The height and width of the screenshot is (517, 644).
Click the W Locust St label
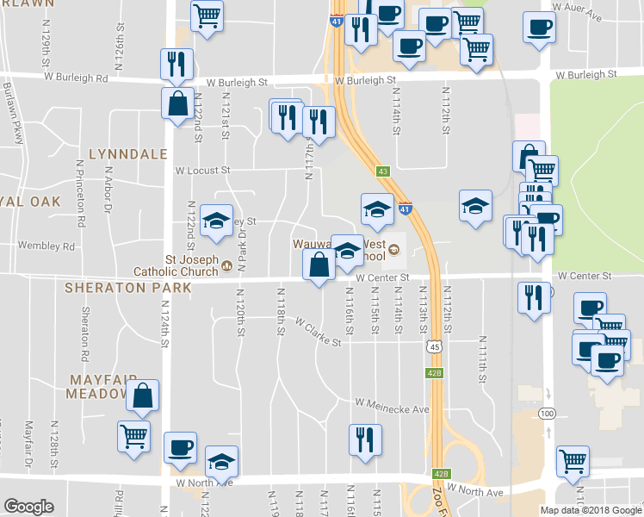(x=203, y=171)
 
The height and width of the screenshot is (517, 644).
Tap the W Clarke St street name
(x=318, y=333)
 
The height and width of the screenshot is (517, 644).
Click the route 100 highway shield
(x=546, y=414)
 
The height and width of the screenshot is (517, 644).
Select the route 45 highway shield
(x=435, y=346)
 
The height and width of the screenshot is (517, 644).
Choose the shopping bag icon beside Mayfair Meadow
(x=143, y=396)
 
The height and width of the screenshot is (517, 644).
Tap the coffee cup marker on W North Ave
(x=181, y=447)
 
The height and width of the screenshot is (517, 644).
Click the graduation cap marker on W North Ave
(x=222, y=461)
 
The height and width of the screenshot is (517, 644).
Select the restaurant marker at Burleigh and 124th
(x=176, y=64)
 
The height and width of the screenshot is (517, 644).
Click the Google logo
(x=28, y=507)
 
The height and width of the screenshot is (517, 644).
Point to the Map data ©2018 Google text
(x=591, y=510)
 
